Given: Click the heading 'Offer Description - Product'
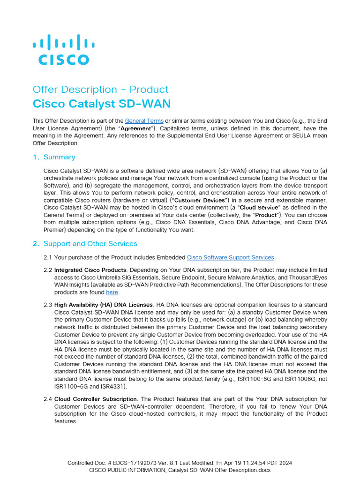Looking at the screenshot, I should [x=100, y=90].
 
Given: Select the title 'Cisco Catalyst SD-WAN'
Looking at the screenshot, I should [x=102, y=104].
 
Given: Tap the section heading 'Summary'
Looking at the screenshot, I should [x=59, y=157].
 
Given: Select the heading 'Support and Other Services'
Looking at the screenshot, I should [x=90, y=244].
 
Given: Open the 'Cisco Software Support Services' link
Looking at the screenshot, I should [x=230, y=257].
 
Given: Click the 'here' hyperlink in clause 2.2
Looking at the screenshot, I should [x=112, y=292].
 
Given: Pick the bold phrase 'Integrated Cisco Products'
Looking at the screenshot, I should [x=90, y=270].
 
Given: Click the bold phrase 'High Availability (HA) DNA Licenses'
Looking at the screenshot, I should [x=103, y=305].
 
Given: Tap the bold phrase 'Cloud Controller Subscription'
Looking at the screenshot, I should [x=95, y=399].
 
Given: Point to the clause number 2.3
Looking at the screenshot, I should [x=47, y=305].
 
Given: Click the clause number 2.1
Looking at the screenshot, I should [x=47, y=257].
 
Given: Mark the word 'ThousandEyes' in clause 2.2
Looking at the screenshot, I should [x=308, y=277].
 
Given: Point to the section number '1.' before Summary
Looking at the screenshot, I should [x=36, y=157].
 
